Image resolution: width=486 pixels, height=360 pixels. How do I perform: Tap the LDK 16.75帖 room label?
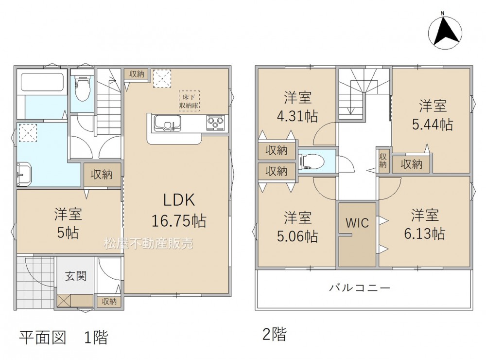(x=179, y=210)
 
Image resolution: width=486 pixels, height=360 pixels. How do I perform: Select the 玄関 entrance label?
(x=76, y=276)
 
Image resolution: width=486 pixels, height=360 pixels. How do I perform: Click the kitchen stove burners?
(x=215, y=122)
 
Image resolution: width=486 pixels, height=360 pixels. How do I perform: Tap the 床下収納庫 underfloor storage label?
(x=189, y=101)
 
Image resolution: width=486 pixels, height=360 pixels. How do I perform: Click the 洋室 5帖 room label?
(x=68, y=223)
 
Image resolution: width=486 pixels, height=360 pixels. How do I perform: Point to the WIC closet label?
(x=357, y=222)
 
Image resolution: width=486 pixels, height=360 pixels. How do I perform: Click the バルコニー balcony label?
(x=360, y=288)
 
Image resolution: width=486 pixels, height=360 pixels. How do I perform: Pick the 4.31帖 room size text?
(x=297, y=116)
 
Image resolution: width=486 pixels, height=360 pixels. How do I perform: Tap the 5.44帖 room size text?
(x=433, y=125)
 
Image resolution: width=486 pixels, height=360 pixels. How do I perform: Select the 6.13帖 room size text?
(x=425, y=234)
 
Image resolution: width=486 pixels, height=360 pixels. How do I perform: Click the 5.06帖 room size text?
(x=297, y=236)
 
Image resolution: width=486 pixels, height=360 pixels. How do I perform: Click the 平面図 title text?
(x=43, y=337)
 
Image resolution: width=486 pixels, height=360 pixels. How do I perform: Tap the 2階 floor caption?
(x=275, y=334)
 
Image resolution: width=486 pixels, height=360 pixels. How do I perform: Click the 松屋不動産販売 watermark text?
(x=148, y=243)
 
